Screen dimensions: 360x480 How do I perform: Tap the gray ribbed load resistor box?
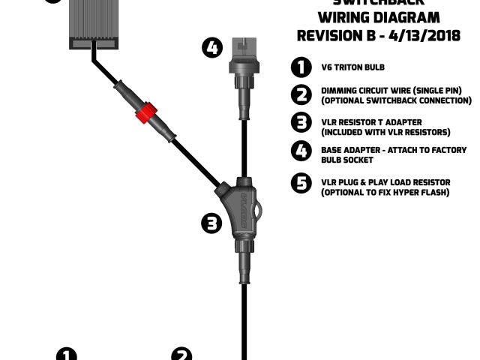93,22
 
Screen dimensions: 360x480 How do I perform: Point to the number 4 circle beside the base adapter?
212,48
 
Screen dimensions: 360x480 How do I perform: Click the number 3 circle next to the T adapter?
213,222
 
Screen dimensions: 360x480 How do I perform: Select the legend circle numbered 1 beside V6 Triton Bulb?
301,67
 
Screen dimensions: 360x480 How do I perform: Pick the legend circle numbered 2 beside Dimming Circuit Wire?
301,94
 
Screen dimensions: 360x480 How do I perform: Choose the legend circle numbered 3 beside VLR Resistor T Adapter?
301,124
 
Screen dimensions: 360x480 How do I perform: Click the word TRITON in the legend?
346,68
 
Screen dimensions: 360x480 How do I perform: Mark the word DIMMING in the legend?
339,91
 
